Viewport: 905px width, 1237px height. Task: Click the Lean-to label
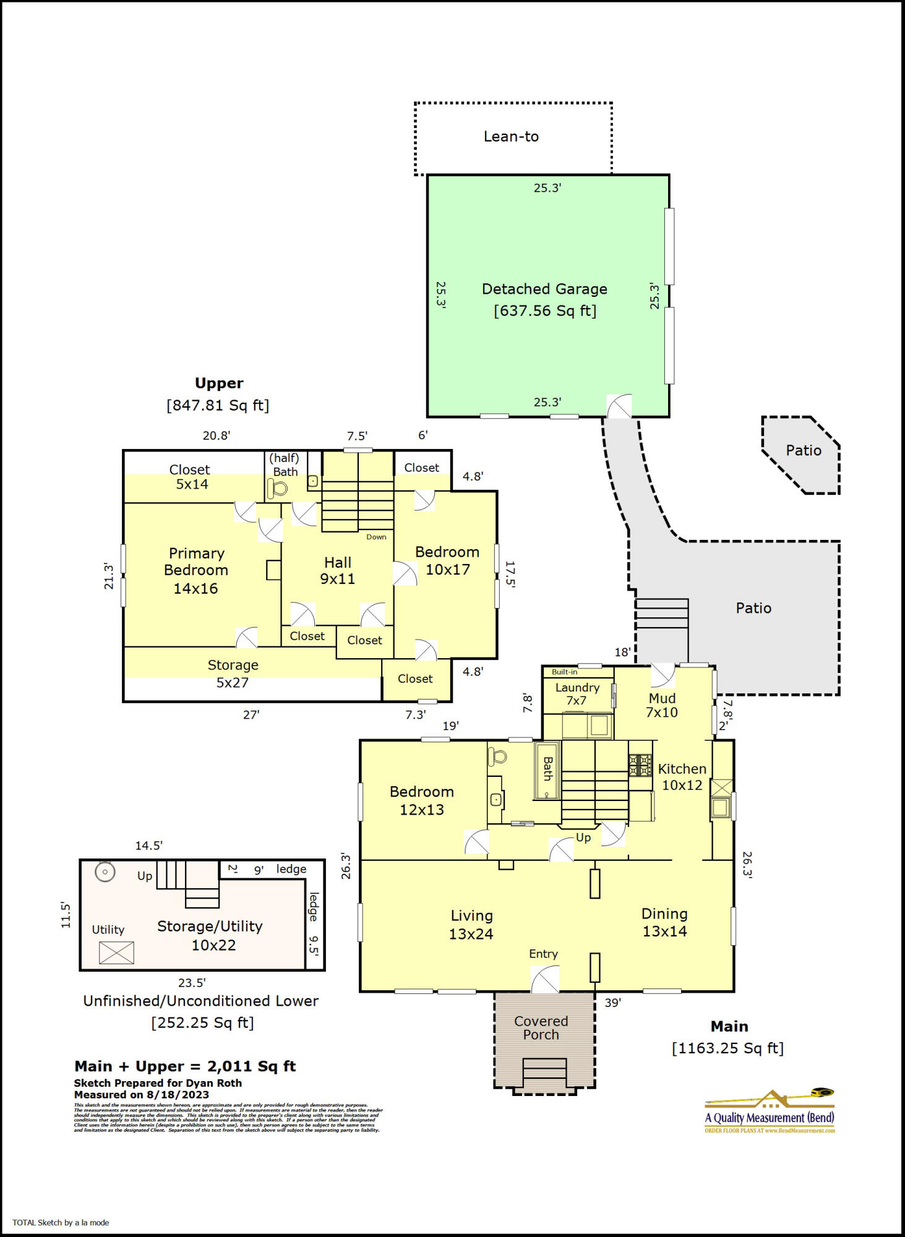pos(511,137)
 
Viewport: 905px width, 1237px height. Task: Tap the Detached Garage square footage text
pos(544,311)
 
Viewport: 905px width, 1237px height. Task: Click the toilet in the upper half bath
pos(278,489)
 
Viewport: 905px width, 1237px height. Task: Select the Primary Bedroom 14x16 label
pos(195,570)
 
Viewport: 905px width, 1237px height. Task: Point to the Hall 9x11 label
pos(337,570)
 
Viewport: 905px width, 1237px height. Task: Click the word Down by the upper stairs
pos(376,537)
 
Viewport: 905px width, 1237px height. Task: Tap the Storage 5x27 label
pos(233,674)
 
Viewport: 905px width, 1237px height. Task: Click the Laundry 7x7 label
pos(577,694)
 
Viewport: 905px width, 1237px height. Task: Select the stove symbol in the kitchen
pos(640,765)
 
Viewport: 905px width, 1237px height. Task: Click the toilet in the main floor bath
pos(497,756)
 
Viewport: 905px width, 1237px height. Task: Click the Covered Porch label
pos(541,1028)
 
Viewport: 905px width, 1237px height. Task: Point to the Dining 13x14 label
pos(664,922)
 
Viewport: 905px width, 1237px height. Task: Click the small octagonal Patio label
pos(803,450)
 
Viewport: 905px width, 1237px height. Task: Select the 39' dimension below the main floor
pos(612,1003)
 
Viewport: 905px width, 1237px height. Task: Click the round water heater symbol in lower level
pos(105,872)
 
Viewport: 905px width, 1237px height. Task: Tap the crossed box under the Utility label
pos(116,952)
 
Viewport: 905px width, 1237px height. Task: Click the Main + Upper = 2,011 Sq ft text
pos(185,1066)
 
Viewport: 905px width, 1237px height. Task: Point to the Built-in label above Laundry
pos(564,672)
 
